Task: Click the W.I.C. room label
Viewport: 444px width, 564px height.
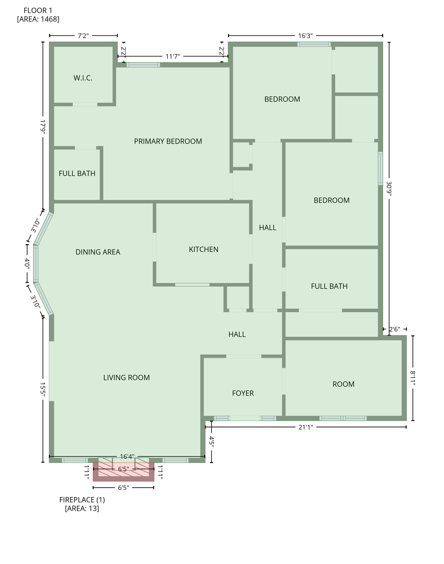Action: [x=83, y=78]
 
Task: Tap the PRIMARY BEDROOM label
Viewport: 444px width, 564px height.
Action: [x=168, y=141]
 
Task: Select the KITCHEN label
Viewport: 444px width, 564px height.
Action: [x=203, y=249]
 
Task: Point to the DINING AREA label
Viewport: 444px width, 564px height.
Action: [x=98, y=252]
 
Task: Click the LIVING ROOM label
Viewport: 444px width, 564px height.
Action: [x=126, y=377]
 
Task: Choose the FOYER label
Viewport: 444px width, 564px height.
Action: [x=243, y=393]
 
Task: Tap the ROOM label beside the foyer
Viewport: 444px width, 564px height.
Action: [x=343, y=384]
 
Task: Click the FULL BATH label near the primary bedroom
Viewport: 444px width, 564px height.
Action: [x=77, y=173]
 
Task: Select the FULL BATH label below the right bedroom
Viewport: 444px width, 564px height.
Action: [x=329, y=286]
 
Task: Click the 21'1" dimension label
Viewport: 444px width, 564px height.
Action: [x=306, y=427]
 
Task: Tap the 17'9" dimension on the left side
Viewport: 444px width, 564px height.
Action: [x=43, y=127]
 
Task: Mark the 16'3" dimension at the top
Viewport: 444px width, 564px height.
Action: [x=305, y=36]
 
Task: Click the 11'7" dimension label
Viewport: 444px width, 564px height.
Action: [x=173, y=57]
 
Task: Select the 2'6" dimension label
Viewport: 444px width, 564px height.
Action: [x=394, y=329]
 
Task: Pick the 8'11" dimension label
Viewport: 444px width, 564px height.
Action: [x=413, y=378]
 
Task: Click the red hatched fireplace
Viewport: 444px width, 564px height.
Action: [x=123, y=472]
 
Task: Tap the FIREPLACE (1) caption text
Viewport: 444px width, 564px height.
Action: [x=82, y=500]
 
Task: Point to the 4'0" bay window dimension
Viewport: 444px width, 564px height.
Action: [x=27, y=264]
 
